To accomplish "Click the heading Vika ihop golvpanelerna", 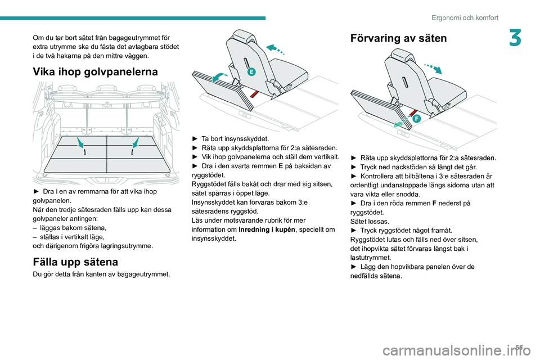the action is [95, 71].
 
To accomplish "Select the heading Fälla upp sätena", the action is [75, 262].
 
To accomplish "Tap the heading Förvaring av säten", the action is [398, 38].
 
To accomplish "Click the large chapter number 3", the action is [515, 38].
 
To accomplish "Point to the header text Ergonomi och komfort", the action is [465, 18].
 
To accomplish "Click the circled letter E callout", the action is [252, 71].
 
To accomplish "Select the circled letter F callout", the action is [416, 119].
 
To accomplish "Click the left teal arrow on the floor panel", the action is [80, 143].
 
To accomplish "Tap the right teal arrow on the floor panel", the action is [136, 143].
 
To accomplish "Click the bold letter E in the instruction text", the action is [281, 166].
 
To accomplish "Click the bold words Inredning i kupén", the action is [267, 229].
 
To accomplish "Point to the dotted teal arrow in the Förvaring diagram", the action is [433, 68].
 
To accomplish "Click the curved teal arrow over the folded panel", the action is [219, 77].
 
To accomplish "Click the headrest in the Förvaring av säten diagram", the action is [401, 55].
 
